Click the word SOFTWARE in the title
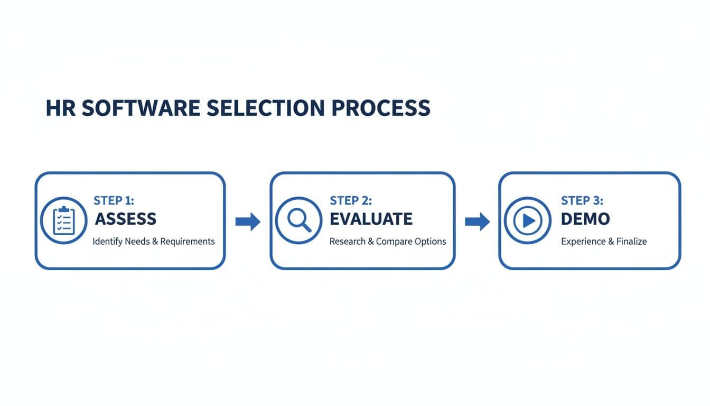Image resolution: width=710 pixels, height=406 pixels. point(141,108)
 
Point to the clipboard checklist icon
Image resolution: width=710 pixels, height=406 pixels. point(63,220)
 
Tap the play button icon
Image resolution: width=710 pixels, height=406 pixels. point(528,220)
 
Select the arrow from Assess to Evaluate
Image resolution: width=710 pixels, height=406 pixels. point(248,222)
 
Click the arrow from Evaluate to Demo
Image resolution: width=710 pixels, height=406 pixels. point(477,222)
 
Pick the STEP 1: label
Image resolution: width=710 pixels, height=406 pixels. point(114,200)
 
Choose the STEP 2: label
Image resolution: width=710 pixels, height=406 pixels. point(351,200)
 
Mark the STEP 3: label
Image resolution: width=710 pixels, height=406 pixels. point(582,200)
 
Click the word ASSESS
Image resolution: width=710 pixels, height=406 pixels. point(125,219)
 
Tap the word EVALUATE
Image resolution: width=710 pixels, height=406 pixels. point(371,219)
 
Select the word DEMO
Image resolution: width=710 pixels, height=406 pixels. point(585,219)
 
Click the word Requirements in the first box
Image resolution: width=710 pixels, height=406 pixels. point(188,242)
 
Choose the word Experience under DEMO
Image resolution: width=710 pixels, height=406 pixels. point(580,242)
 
